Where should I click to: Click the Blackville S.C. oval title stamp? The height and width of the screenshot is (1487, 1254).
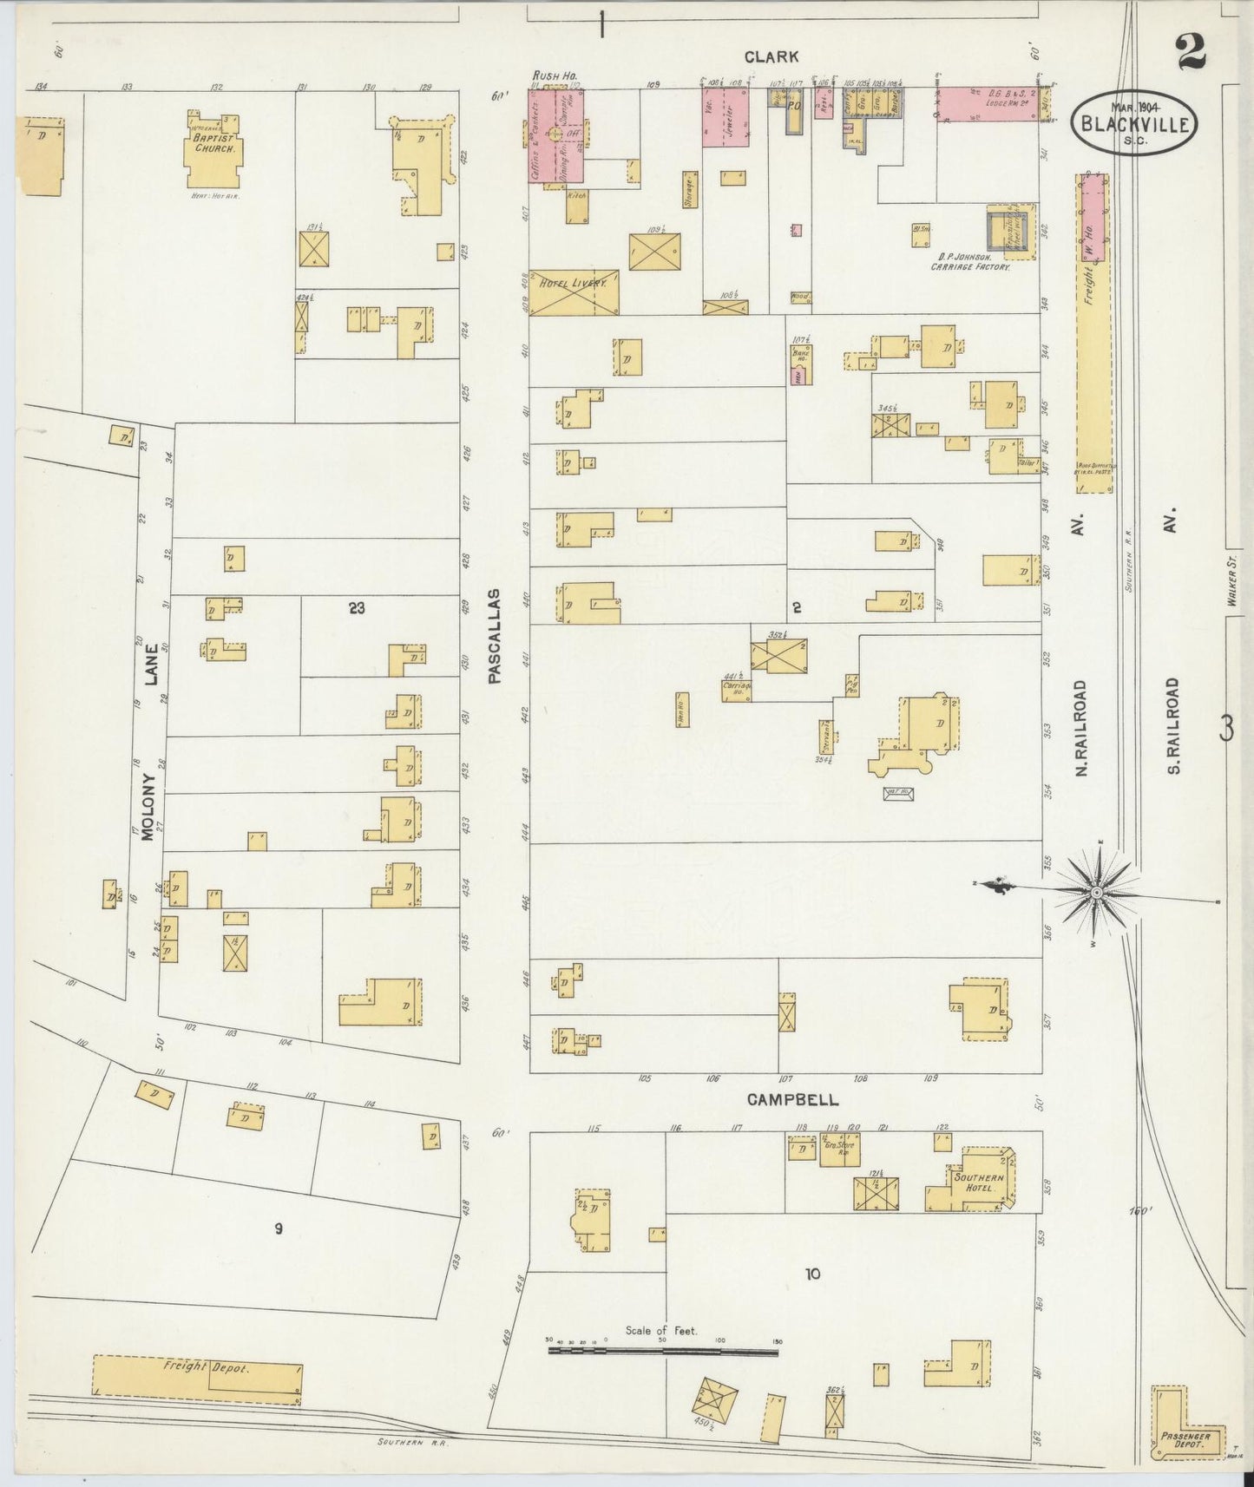(x=1135, y=124)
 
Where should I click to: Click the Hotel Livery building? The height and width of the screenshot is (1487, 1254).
(x=574, y=292)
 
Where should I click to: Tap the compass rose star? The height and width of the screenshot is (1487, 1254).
(x=1097, y=893)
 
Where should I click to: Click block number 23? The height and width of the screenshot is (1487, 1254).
(x=357, y=608)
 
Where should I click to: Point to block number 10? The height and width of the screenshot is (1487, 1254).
(x=811, y=1274)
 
